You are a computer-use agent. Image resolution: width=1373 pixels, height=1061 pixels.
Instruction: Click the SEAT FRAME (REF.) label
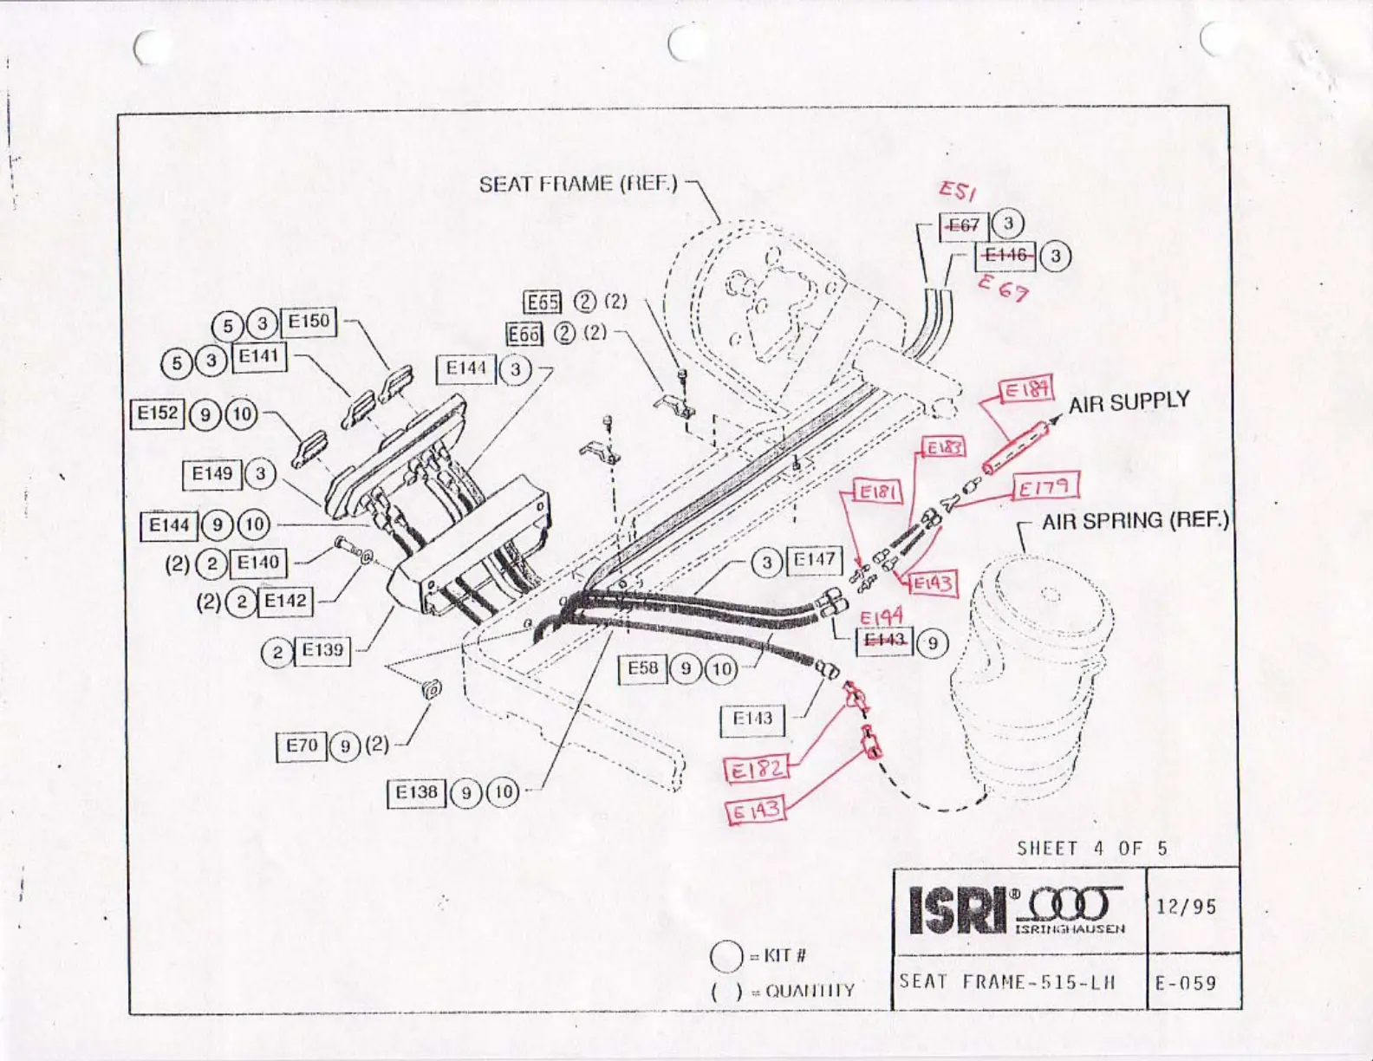pos(578,184)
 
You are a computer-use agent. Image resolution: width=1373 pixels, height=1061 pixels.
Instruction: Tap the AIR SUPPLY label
pos(1129,403)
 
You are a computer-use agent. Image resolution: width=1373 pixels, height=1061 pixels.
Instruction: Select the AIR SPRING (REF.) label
pos(1135,521)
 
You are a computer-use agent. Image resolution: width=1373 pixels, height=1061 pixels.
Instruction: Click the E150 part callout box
pos(309,322)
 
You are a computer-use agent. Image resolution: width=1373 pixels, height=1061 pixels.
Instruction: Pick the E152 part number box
pos(157,413)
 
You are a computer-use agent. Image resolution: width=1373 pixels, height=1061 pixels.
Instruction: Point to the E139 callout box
pos(322,650)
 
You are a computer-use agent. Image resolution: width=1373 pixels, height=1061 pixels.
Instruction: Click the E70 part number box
pos(302,745)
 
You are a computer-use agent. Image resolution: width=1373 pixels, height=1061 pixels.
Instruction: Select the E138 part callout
pos(416,792)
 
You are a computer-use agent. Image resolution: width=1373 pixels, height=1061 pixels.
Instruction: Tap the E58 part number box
pos(642,668)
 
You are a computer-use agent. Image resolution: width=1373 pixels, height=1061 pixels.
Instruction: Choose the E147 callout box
pos(814,561)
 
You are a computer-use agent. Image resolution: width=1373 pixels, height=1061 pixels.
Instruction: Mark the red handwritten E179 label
pos(1045,487)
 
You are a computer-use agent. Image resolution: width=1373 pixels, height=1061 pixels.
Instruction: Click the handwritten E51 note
pos(957,190)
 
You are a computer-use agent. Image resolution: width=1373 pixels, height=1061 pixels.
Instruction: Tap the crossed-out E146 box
pos(1005,255)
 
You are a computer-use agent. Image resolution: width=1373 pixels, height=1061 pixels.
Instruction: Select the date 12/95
pos(1186,907)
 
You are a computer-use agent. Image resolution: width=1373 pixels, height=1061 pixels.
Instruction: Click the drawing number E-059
pos(1186,983)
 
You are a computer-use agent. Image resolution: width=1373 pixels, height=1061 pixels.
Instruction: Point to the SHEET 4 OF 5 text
pos(1092,849)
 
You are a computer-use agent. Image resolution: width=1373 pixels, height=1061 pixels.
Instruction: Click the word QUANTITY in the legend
pos(810,991)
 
